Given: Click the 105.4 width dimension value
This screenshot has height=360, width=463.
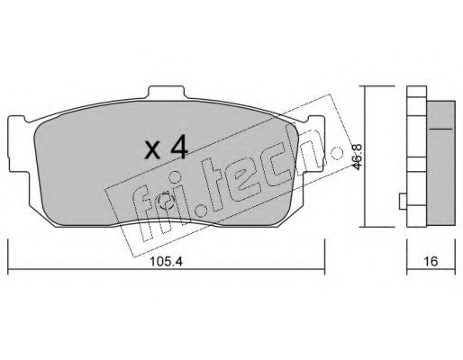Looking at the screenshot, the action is click(166, 262).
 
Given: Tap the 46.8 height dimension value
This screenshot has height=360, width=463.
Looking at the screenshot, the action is click(358, 157).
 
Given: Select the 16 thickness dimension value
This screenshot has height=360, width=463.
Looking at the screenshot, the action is click(431, 261).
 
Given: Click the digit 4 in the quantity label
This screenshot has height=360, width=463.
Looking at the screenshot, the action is click(178, 148).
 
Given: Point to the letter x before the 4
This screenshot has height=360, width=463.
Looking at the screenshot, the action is click(152, 150).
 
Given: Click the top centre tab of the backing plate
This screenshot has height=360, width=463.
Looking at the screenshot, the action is click(166, 92).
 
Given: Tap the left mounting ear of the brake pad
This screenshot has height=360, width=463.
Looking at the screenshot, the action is click(19, 144).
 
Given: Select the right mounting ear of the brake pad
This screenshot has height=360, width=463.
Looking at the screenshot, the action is click(314, 144).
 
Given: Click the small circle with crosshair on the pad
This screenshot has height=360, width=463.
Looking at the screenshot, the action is click(166, 202).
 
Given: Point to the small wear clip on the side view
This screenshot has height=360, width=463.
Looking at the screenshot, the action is click(403, 202).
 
